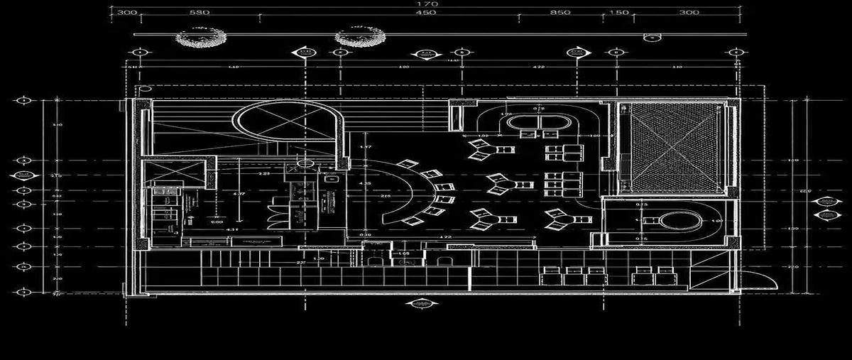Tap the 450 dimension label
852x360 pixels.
point(425,13)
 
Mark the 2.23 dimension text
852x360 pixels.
point(263,173)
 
